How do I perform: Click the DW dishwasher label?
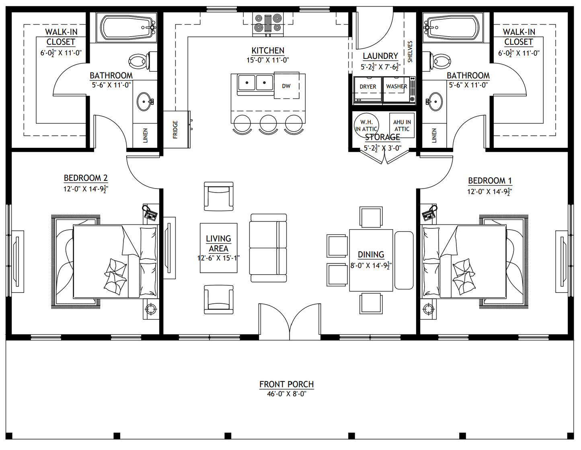point(286,86)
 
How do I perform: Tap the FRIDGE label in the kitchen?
point(175,130)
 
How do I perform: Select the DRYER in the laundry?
point(368,89)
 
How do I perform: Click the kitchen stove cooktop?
point(268,25)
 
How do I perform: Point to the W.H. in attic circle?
point(366,125)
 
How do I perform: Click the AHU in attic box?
point(402,125)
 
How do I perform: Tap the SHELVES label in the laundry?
point(410,52)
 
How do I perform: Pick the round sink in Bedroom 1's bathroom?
point(435,102)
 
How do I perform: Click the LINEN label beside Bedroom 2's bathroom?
point(145,135)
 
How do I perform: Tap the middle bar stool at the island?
point(268,125)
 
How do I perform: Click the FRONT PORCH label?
point(286,384)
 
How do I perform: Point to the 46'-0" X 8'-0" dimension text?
point(286,394)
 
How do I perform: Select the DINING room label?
point(371,255)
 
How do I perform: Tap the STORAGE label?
point(382,137)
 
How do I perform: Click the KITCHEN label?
point(268,50)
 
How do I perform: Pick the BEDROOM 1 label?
point(490,181)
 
